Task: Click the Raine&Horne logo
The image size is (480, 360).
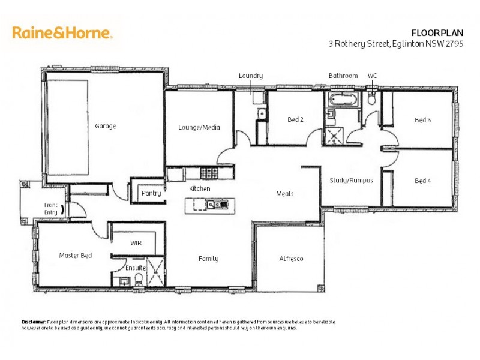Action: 62,32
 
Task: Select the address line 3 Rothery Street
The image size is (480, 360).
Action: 395,44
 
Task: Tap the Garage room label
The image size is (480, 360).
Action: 105,126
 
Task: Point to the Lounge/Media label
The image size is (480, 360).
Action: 199,127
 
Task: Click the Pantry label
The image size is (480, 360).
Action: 151,193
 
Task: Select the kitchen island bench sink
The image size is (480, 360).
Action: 214,205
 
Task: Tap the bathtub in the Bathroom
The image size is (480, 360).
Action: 343,99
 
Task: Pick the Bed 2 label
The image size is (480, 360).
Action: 295,119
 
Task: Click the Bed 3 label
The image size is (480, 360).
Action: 423,120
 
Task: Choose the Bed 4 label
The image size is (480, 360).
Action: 423,181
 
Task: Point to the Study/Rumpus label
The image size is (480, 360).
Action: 352,180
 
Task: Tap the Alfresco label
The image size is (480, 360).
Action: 291,259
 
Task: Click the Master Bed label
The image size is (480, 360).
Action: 76,256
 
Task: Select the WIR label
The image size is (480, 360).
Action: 136,243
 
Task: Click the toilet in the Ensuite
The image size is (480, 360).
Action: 139,279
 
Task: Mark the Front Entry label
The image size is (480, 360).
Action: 51,208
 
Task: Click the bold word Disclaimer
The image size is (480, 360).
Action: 34,322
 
